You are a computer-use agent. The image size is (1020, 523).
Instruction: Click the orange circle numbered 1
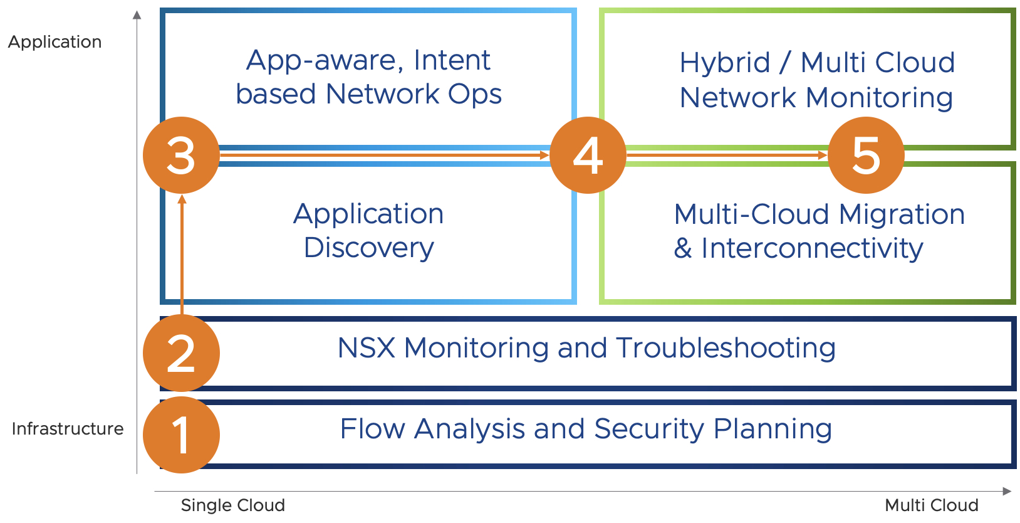pos(181,435)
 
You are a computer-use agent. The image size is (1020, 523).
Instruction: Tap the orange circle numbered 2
pos(181,353)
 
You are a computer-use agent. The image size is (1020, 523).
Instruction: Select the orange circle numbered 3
pos(181,155)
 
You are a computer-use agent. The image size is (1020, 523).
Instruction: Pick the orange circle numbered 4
pos(588,155)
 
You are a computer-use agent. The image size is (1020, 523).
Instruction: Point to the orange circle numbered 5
pos(866,155)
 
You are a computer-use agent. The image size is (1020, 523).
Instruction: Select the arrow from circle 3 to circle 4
pos(384,155)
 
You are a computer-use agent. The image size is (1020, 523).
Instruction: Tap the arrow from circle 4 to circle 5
pos(727,155)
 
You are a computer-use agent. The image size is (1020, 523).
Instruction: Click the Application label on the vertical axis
pos(55,42)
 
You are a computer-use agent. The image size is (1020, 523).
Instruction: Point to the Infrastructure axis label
pos(68,429)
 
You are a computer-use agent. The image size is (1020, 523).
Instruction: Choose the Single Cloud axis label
pos(232,505)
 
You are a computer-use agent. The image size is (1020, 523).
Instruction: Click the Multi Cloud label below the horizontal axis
pos(931,505)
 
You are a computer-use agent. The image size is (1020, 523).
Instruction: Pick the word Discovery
pos(368,248)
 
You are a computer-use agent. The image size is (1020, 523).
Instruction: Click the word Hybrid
pos(725,63)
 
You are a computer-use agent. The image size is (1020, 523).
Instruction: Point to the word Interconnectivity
pos(812,248)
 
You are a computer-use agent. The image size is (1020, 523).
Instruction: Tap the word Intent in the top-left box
pos(452,60)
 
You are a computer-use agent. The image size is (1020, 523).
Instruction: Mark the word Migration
pos(902,214)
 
